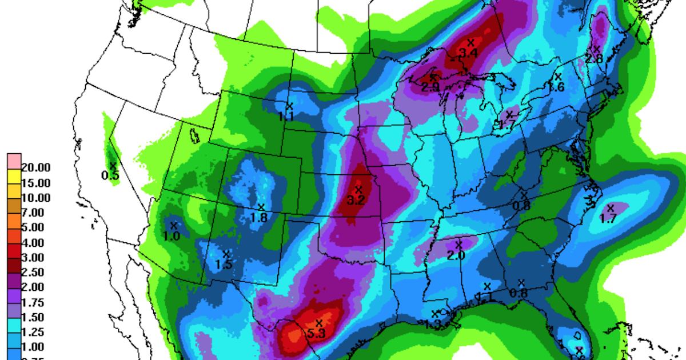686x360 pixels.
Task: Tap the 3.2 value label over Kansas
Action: (x=356, y=201)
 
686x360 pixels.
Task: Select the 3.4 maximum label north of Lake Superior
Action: (x=468, y=53)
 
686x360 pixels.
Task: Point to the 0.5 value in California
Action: (x=110, y=175)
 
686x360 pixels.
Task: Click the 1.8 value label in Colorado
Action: (x=259, y=218)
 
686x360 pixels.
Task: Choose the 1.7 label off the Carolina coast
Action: (x=608, y=218)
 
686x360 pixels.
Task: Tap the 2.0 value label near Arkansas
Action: (x=456, y=255)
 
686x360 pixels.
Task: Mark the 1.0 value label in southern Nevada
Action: (x=171, y=235)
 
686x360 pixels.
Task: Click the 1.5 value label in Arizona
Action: (x=224, y=264)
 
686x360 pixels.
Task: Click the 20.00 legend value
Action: (x=35, y=168)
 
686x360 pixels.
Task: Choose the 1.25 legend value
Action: (x=35, y=331)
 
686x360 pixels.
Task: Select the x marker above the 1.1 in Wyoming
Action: (x=289, y=106)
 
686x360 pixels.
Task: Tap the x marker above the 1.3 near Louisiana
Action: (x=434, y=314)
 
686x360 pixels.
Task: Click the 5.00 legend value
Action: (x=35, y=227)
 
